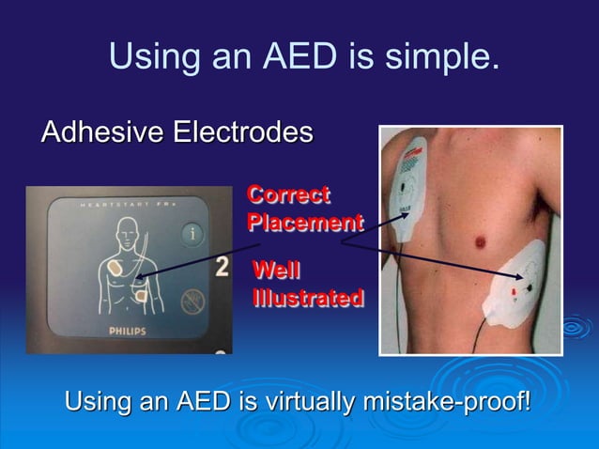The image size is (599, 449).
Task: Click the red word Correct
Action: pyautogui.click(x=287, y=195)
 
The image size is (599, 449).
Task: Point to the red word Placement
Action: pyautogui.click(x=304, y=223)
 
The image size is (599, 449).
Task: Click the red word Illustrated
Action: pyautogui.click(x=307, y=298)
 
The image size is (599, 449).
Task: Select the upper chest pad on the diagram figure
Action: pyautogui.click(x=116, y=267)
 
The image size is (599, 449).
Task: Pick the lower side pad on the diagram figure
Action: pyautogui.click(x=142, y=295)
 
